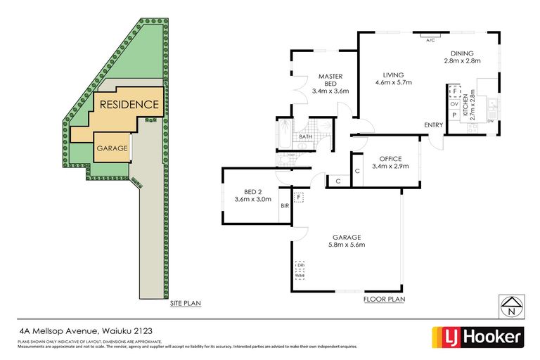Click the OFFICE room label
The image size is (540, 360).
coord(390,158)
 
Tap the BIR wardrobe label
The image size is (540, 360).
coord(285,206)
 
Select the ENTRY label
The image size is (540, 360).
coord(433,125)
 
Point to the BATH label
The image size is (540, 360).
coord(305,137)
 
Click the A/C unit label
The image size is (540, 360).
coord(430,40)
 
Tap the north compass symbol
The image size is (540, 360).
coord(511,305)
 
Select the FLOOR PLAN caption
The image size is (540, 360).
coord(384,299)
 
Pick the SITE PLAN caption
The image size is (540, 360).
coord(186,303)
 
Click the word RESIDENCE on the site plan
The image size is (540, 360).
coord(129,105)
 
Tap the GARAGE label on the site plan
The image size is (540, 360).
coord(111,148)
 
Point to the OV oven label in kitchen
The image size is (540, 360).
coord(454,103)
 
